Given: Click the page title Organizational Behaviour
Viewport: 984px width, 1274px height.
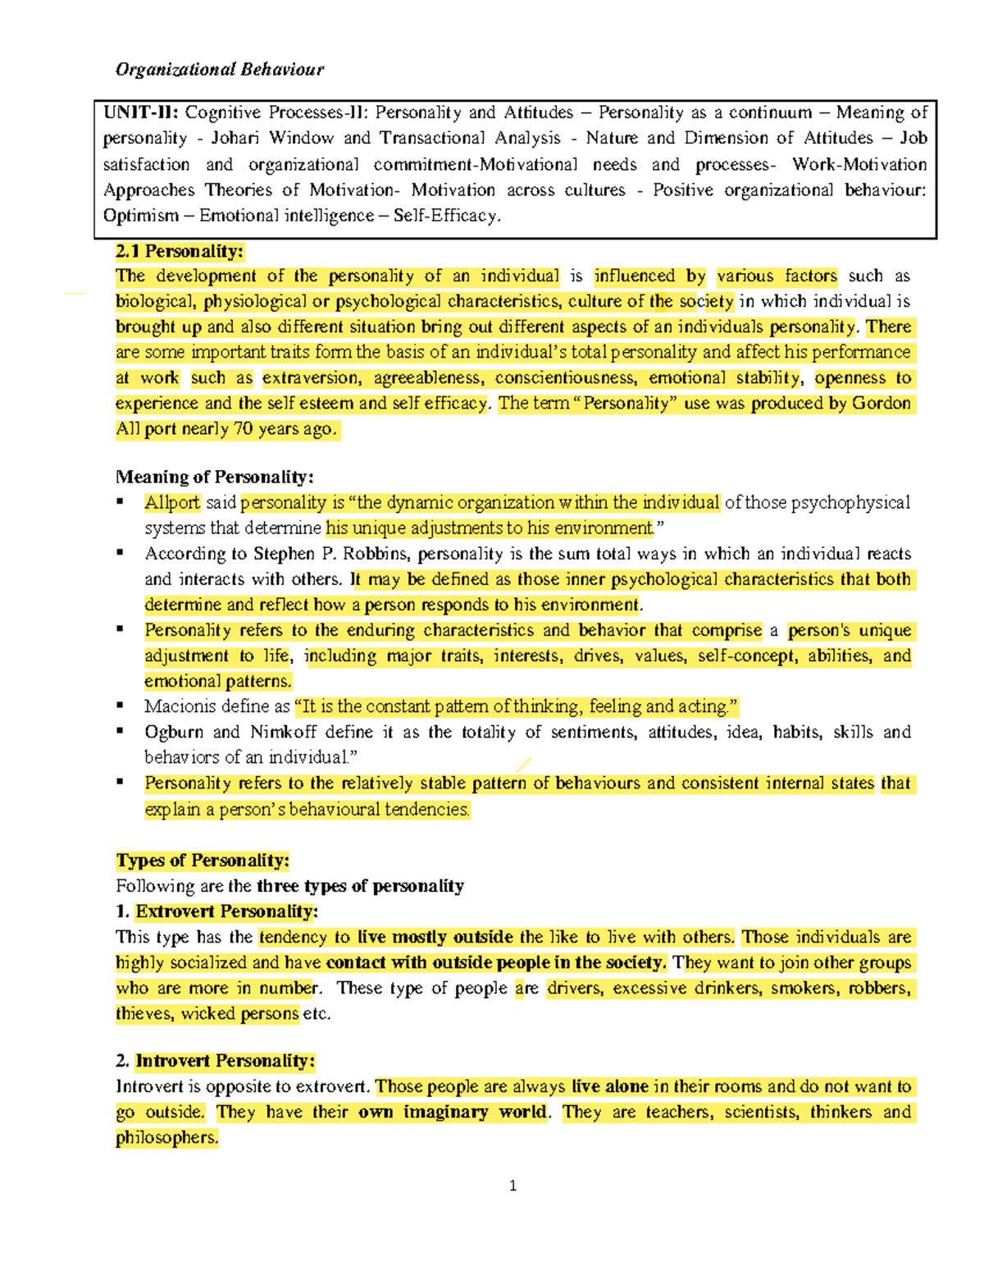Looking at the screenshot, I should coord(220,70).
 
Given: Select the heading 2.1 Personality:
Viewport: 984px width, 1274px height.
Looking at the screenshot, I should coord(180,251).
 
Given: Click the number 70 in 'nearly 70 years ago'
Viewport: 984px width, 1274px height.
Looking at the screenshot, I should coord(243,429).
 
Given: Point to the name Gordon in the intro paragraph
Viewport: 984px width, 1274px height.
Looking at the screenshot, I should coord(881,404).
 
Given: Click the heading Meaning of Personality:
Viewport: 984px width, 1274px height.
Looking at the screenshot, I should coord(215,477).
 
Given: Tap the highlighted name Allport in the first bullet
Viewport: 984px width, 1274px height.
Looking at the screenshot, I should coord(172,502).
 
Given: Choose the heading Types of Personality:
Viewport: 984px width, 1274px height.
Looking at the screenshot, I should coord(203,861).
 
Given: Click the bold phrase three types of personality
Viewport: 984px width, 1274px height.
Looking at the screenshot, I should coord(360,886).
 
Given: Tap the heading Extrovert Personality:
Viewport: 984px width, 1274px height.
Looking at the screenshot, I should coord(226,911).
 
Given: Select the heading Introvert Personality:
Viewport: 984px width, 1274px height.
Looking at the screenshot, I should coord(225,1061).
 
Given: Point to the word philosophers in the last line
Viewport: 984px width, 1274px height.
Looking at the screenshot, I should coord(166,1138).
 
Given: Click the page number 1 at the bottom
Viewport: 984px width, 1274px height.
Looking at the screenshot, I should coord(512,1185).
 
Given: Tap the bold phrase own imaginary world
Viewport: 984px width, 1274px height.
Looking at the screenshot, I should coord(452,1112).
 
